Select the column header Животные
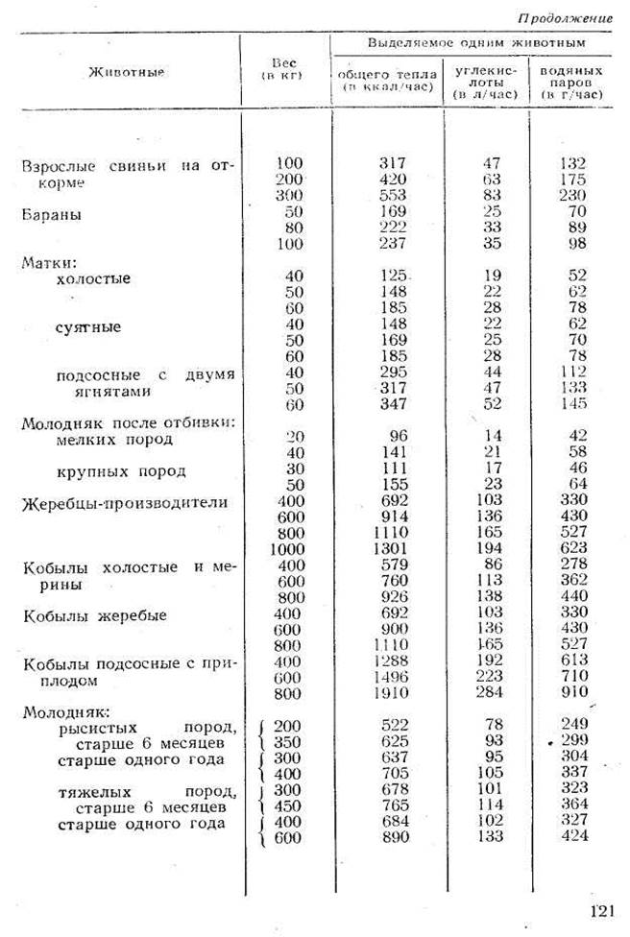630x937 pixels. pos(126,72)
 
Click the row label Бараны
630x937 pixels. pos(53,215)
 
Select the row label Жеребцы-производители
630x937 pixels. pos(125,504)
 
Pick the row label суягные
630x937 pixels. pos(89,327)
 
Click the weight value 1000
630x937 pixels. pos(284,549)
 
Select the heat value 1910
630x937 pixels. pos(390,692)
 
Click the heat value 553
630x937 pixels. pos(394,195)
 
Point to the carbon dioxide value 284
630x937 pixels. pos(492,692)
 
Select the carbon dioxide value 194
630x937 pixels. pos(492,549)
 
